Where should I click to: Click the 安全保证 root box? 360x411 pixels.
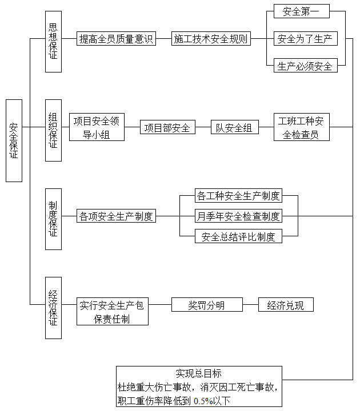pos(14,140)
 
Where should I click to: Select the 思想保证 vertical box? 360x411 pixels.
pos(53,42)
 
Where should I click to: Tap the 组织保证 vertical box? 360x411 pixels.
pos(53,130)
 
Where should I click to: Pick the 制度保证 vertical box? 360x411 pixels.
pos(53,219)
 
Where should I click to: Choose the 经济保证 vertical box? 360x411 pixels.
pos(53,308)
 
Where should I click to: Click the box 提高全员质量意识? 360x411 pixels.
pos(116,39)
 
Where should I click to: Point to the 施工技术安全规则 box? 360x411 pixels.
pos(211,39)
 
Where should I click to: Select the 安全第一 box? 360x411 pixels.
pos(302,11)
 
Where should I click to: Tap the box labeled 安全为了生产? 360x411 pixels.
pos(305,39)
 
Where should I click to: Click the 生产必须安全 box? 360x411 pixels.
pos(305,66)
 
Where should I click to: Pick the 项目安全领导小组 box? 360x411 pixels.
pos(97,127)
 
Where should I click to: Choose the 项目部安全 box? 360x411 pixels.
pos(167,127)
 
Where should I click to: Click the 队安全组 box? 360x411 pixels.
pos(235,127)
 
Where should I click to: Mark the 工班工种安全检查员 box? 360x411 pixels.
pos(302,127)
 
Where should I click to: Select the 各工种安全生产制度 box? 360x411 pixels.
pos(238,195)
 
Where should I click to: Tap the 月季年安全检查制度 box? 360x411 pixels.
pos(238,216)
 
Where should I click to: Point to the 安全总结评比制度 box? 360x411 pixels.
pos(238,236)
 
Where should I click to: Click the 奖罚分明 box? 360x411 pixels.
pos(207,305)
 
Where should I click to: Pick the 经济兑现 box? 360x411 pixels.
pos(286,305)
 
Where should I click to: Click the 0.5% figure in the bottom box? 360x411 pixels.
pos(203,401)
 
